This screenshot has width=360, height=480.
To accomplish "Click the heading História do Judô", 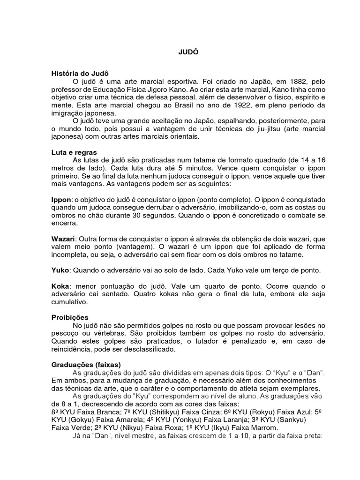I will (80, 74).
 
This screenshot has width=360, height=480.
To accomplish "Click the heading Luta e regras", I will (75, 152).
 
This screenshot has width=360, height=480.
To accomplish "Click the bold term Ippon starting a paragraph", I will (60, 200).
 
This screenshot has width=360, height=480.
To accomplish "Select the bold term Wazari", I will (63, 239).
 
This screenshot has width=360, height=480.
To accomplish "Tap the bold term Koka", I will (60, 286).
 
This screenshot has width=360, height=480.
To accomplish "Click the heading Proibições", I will (70, 317).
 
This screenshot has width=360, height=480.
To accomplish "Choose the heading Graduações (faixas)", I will (86, 364).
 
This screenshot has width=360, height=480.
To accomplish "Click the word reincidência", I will (75, 349).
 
